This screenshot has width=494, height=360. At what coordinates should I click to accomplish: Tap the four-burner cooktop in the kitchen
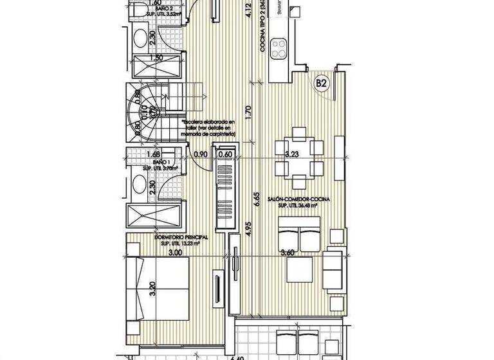[x=281, y=47]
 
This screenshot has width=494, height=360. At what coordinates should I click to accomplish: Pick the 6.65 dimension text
[x=256, y=201]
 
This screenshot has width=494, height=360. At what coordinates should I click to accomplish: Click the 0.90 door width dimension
[x=200, y=154]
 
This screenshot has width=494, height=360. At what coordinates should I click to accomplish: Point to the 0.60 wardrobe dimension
[x=225, y=154]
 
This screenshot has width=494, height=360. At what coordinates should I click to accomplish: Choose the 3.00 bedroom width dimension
[x=175, y=253]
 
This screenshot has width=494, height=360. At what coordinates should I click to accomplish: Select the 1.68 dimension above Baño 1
[x=153, y=154]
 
